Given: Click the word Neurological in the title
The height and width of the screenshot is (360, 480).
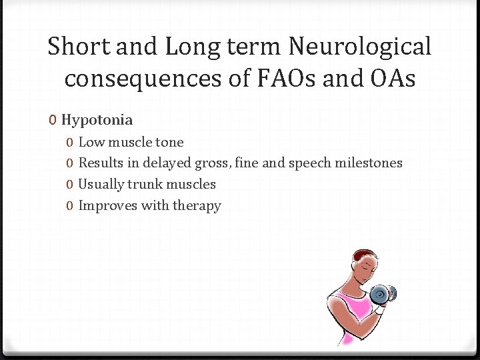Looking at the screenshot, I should coord(360,47).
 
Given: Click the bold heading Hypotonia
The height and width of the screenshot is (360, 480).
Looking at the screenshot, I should coord(97,120).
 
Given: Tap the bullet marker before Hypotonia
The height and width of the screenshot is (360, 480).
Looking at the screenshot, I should coord(53,121).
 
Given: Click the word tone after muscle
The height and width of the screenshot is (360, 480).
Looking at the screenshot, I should coord(169,142).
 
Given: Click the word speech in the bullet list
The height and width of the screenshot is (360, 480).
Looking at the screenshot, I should coord(309,163).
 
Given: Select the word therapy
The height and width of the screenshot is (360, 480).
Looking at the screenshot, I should coord(197,206).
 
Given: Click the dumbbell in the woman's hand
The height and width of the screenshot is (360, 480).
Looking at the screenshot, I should coord(383,293).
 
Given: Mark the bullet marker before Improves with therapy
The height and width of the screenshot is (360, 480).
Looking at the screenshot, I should coord(70,206).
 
